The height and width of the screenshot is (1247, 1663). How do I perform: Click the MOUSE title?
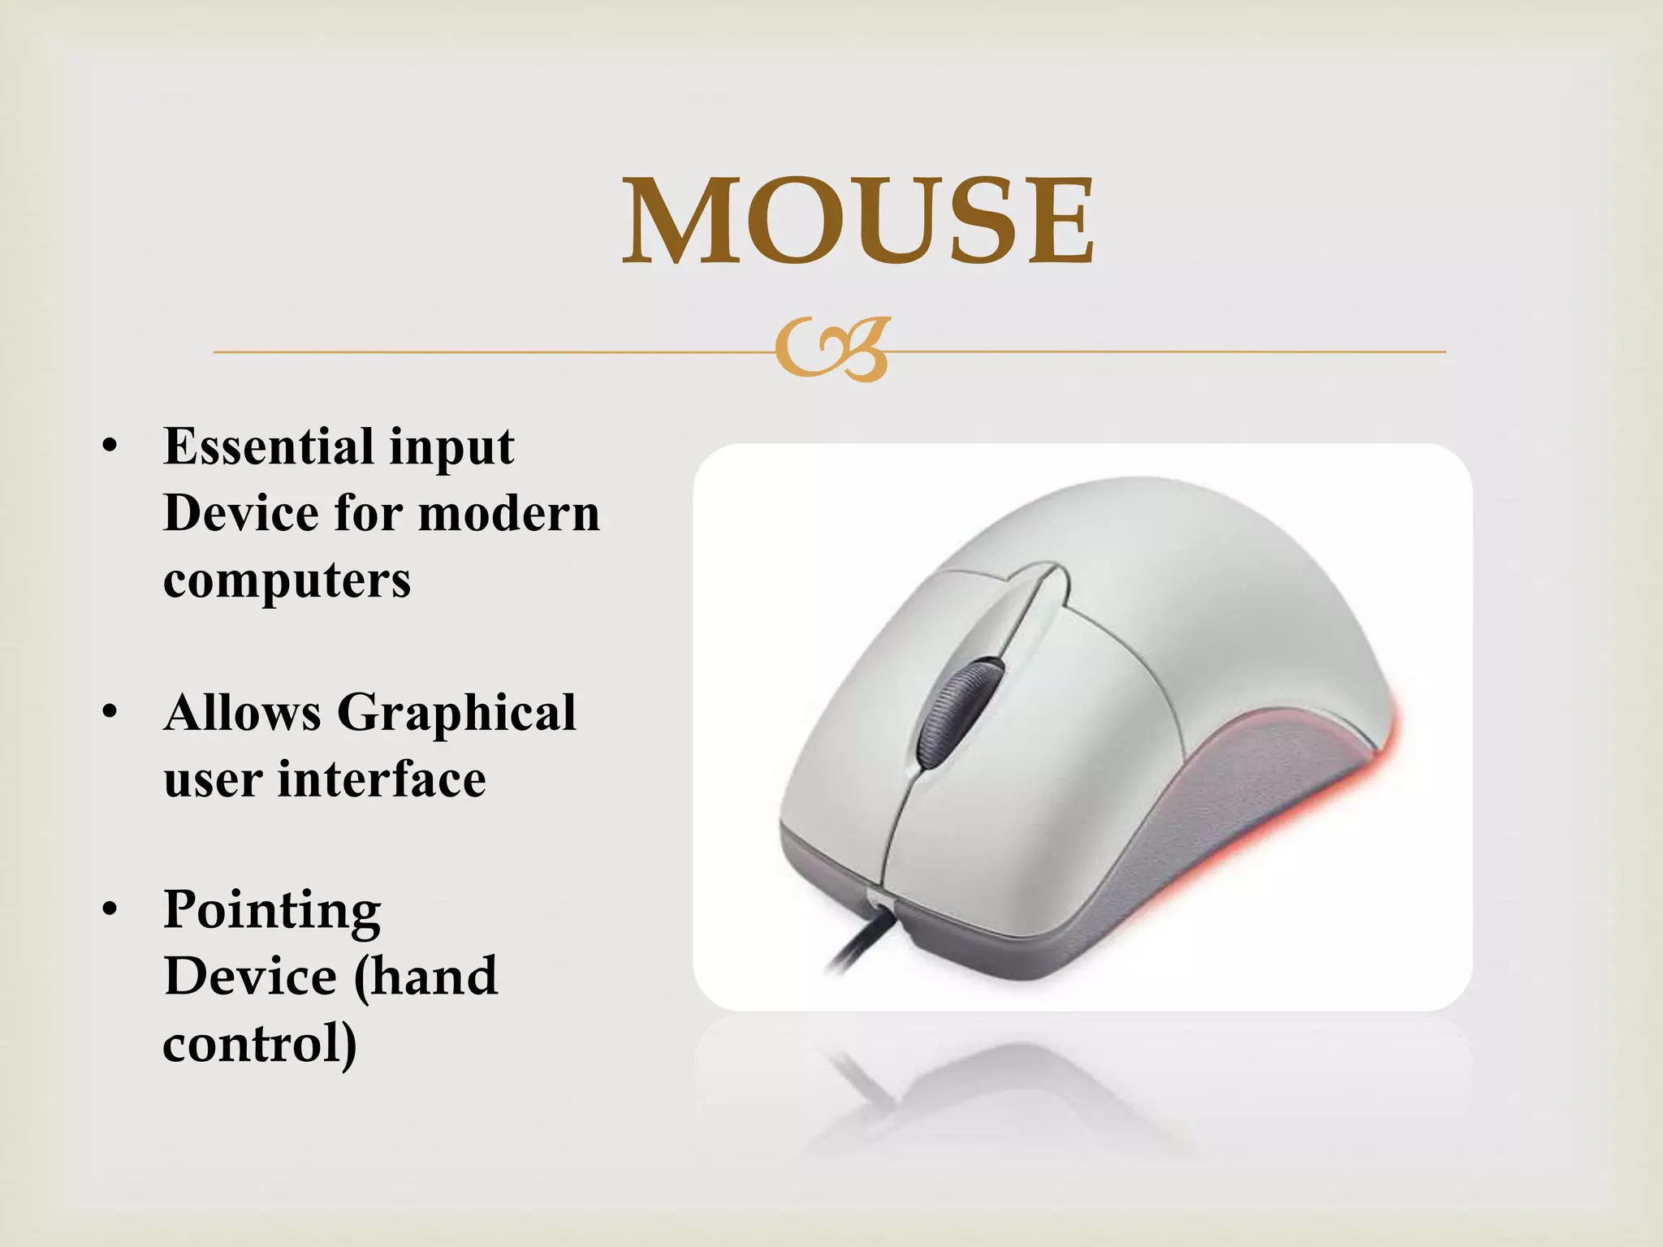pyautogui.click(x=858, y=221)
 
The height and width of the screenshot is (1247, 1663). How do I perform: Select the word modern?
pyautogui.click(x=508, y=514)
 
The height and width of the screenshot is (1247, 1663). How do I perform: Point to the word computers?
pyautogui.click(x=287, y=580)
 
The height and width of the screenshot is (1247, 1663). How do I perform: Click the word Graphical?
pyautogui.click(x=456, y=713)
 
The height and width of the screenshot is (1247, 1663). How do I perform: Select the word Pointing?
pyautogui.click(x=272, y=911)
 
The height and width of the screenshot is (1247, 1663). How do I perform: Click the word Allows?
pyautogui.click(x=242, y=713)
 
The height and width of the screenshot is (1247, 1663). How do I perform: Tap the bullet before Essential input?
pyautogui.click(x=110, y=448)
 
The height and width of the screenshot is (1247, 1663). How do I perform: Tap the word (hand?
pyautogui.click(x=425, y=977)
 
